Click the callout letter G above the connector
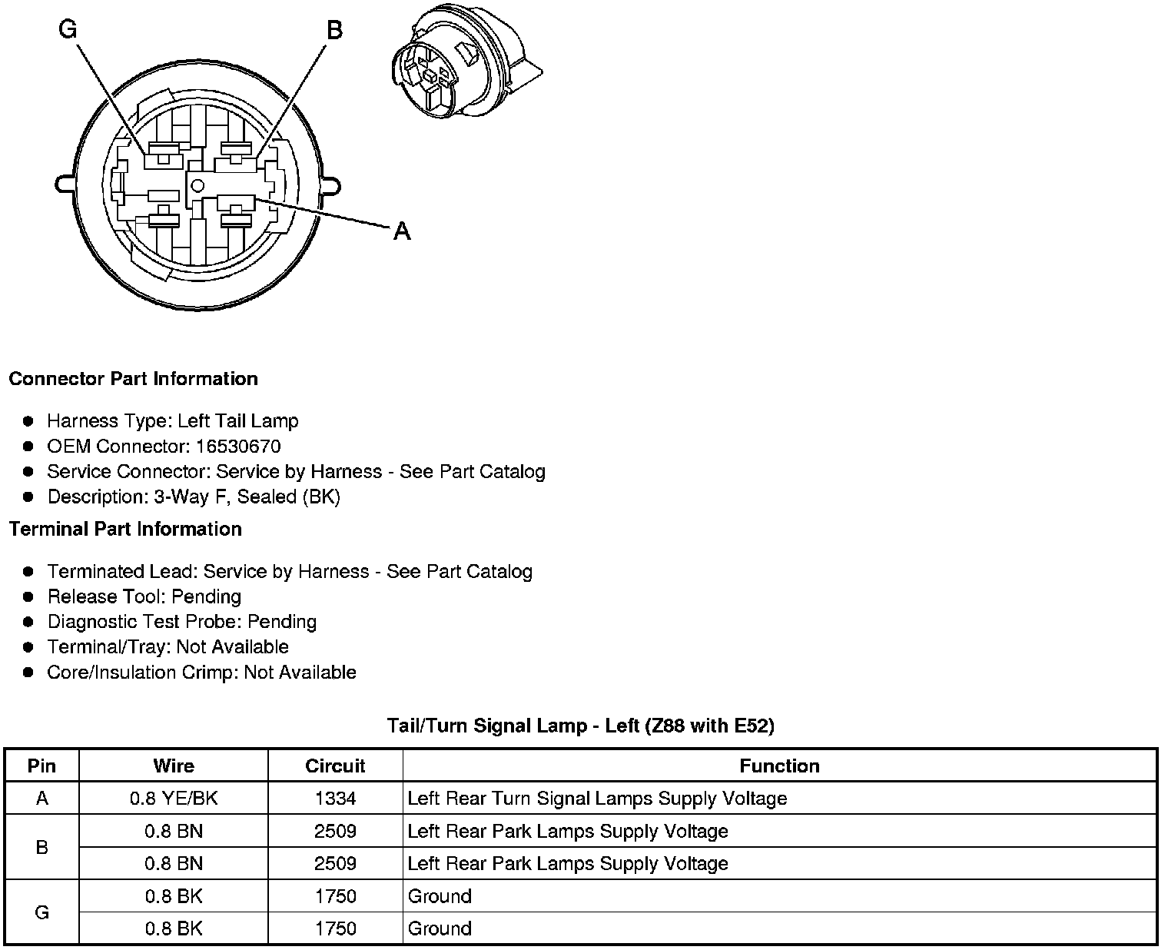pyautogui.click(x=68, y=29)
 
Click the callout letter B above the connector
pyautogui.click(x=334, y=30)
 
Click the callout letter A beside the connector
pyautogui.click(x=401, y=231)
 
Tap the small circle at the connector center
pyautogui.click(x=197, y=184)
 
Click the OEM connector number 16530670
pyautogui.click(x=238, y=447)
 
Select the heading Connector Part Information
pyautogui.click(x=133, y=379)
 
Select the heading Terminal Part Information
pyautogui.click(x=125, y=530)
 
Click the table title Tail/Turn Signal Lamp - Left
pyautogui.click(x=580, y=726)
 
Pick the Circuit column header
pyautogui.click(x=335, y=766)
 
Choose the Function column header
pyautogui.click(x=779, y=766)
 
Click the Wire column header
pyautogui.click(x=174, y=766)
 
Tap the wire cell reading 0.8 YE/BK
pyautogui.click(x=174, y=799)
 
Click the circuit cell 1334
pyautogui.click(x=335, y=799)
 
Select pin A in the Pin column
pyautogui.click(x=42, y=799)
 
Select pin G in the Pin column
pyautogui.click(x=42, y=912)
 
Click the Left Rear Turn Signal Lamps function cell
pyautogui.click(x=597, y=799)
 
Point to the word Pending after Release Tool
pyautogui.click(x=206, y=597)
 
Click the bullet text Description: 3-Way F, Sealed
pyautogui.click(x=194, y=497)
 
